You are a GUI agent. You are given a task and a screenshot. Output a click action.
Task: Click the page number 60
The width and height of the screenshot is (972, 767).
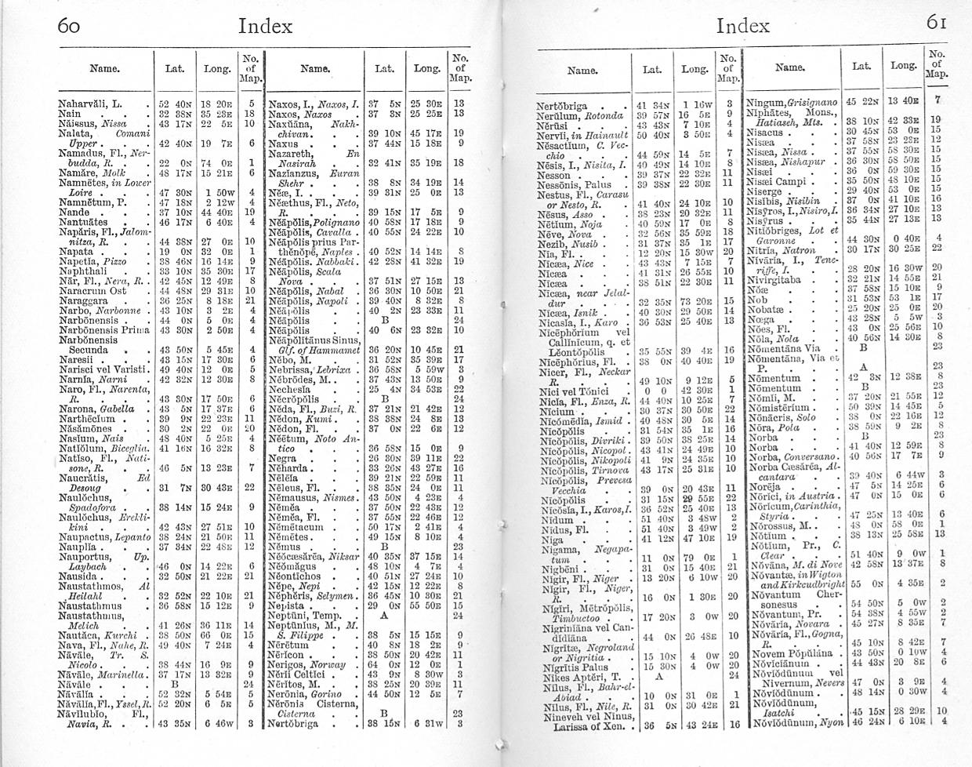[70, 25]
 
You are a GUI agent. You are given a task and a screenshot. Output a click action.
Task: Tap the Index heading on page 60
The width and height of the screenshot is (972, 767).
[265, 26]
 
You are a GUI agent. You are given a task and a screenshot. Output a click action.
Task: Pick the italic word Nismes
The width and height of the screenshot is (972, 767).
[342, 496]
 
